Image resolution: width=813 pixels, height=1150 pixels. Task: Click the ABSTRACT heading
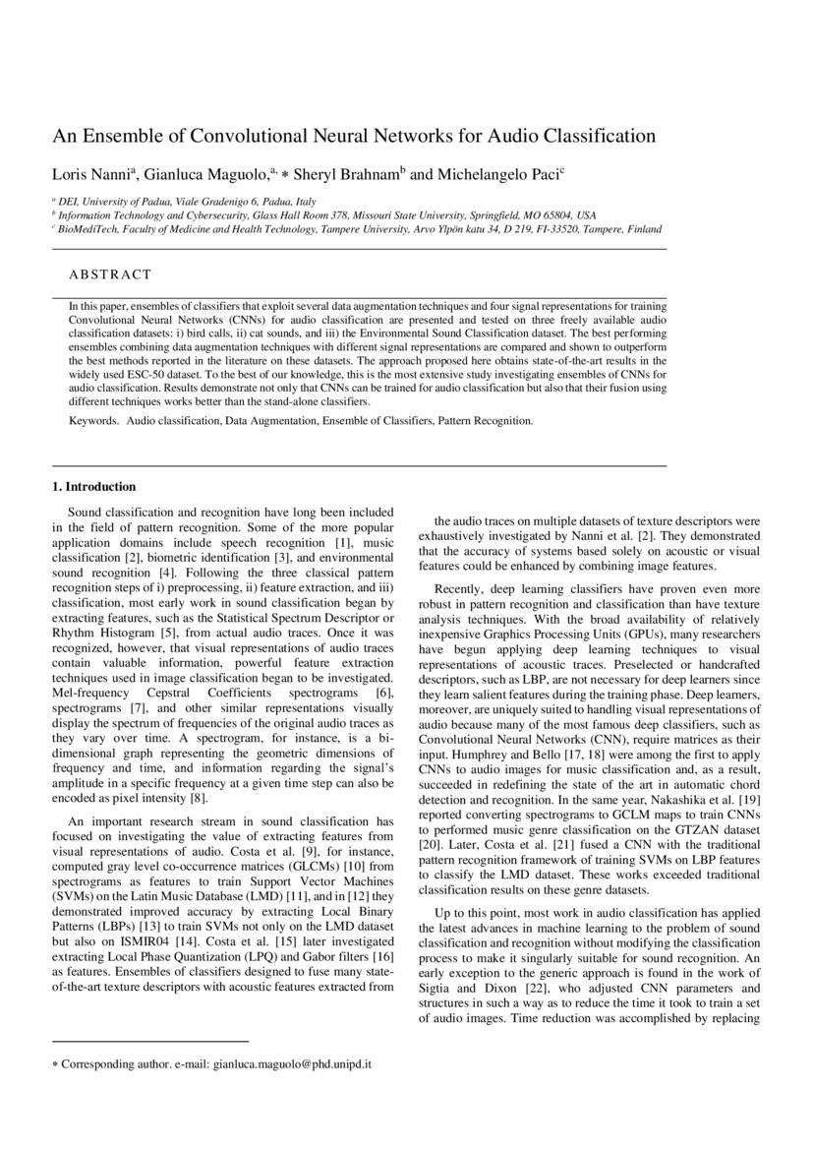(x=110, y=274)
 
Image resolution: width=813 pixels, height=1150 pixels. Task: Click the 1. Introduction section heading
(x=93, y=487)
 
